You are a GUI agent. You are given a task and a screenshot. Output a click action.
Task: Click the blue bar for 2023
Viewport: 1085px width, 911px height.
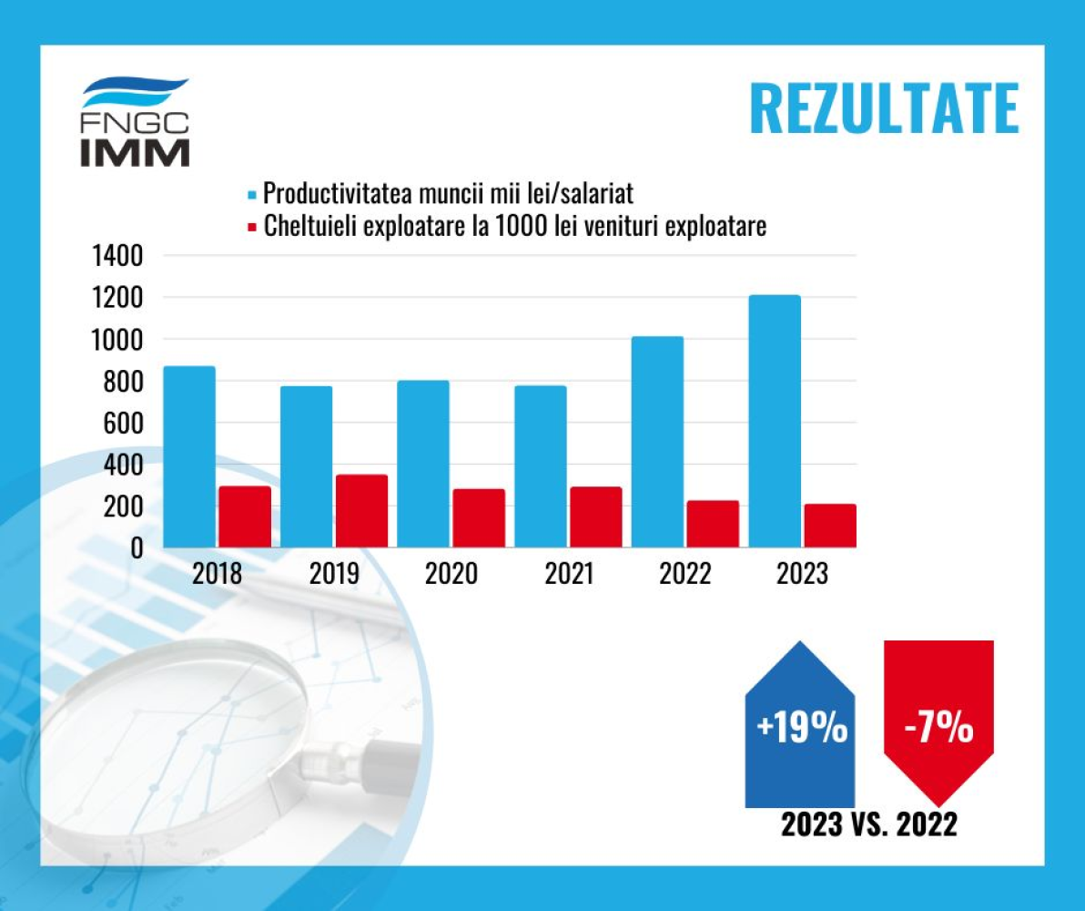(775, 421)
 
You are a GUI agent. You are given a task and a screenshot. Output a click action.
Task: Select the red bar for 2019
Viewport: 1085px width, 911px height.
(361, 510)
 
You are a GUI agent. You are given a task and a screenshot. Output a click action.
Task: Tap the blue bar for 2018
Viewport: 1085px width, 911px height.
(189, 456)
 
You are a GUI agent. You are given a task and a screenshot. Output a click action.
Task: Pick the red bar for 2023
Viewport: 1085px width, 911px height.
(830, 526)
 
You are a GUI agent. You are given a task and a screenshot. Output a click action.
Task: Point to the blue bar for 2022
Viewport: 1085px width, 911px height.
(657, 442)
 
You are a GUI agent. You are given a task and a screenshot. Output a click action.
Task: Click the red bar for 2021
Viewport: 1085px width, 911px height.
(596, 517)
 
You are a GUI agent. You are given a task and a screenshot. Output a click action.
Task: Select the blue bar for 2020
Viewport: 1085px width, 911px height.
(423, 464)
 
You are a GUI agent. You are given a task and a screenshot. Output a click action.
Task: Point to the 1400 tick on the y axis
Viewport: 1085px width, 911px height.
(117, 256)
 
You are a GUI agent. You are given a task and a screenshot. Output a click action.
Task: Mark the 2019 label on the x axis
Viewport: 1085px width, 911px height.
(334, 575)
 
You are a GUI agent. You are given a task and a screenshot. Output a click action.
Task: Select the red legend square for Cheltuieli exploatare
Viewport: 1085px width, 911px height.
(252, 226)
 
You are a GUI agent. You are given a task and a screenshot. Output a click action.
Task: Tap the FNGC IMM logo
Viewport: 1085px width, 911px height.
(136, 123)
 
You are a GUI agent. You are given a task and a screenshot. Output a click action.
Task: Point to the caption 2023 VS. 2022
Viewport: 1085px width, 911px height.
(868, 825)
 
